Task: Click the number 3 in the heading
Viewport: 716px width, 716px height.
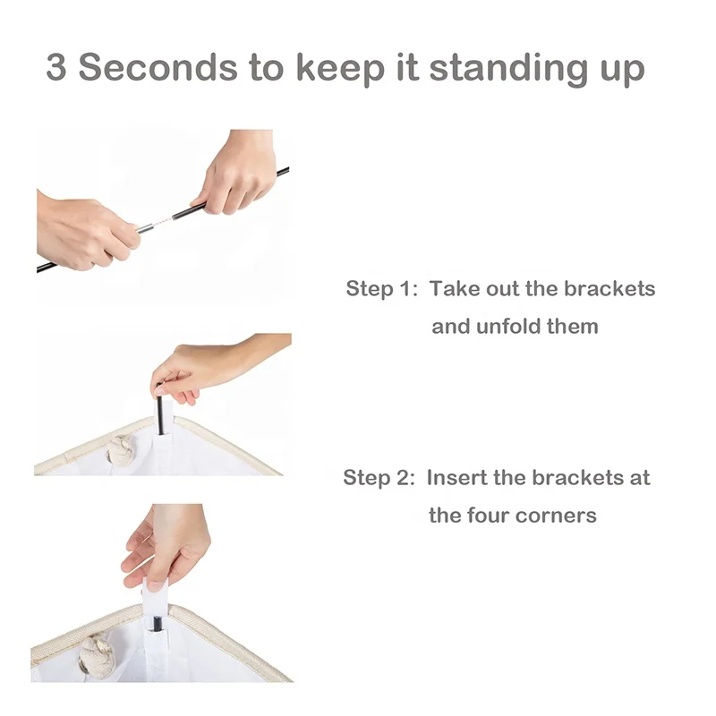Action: click(x=56, y=67)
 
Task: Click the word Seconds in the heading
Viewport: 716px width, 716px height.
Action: click(x=158, y=67)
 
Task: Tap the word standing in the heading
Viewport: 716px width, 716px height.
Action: click(x=508, y=68)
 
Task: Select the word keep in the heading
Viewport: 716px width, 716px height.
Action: click(x=340, y=68)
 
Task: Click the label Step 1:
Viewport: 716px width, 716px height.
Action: click(x=382, y=288)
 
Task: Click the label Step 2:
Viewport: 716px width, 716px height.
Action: click(x=379, y=478)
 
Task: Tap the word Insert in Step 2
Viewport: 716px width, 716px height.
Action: click(x=457, y=478)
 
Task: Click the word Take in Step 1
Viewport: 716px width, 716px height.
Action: click(x=454, y=288)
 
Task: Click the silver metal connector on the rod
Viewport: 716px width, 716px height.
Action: click(x=146, y=226)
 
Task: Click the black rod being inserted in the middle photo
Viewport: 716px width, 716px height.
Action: click(x=160, y=409)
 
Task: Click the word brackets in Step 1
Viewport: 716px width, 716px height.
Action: click(x=609, y=288)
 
